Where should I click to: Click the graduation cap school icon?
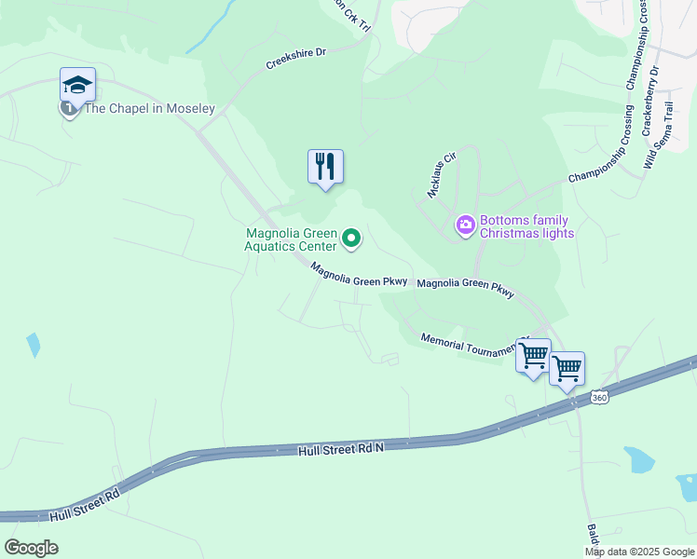coord(78,86)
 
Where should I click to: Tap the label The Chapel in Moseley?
coord(149,109)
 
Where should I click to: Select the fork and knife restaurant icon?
coord(325,167)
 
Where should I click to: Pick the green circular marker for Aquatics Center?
coord(351,239)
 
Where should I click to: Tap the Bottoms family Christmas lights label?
coord(526,227)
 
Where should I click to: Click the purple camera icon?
coord(465,225)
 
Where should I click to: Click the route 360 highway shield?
coord(599,398)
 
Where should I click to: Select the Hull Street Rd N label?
coord(341,449)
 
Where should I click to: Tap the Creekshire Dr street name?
coord(295,59)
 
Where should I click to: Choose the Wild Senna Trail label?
coord(657,136)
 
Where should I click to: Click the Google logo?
coord(31,547)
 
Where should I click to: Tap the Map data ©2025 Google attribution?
coord(639,552)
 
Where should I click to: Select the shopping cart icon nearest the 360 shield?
coord(567,369)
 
